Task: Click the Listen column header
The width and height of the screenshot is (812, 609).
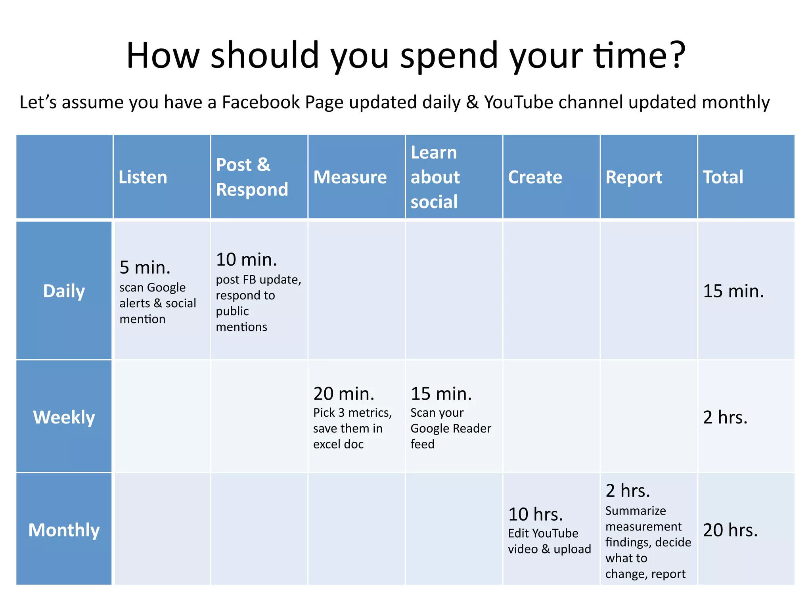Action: [143, 177]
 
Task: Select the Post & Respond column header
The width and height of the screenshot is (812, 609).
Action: [252, 177]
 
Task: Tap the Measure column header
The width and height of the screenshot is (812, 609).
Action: [350, 177]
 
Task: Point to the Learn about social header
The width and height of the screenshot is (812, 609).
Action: [435, 177]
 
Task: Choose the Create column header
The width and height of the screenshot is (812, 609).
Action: [535, 177]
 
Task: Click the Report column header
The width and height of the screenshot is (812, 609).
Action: [634, 177]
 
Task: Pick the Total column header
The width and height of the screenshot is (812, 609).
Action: [723, 177]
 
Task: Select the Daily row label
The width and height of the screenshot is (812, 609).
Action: [64, 291]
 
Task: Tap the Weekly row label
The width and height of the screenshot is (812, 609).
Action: [64, 417]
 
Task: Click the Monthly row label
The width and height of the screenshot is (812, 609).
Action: [64, 530]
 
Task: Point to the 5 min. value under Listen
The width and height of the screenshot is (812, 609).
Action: [145, 268]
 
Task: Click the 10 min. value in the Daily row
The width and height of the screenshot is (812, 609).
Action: [246, 260]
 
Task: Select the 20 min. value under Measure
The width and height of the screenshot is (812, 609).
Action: [344, 394]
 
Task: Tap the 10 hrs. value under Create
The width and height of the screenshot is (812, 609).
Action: [535, 514]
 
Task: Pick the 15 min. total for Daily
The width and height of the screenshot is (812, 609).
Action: [733, 291]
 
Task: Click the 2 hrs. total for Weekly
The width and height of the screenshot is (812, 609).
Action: [725, 417]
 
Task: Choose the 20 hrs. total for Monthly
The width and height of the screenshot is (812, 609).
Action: [730, 530]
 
